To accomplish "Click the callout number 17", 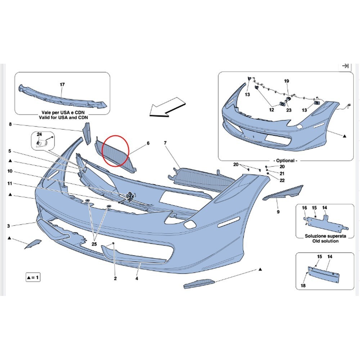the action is (62, 85).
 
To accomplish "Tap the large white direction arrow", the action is (167, 107).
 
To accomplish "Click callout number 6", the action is (148, 143).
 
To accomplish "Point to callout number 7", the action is (165, 143).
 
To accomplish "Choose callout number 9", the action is (278, 212).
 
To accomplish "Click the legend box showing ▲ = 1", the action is (33, 277).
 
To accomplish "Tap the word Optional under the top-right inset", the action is (285, 161).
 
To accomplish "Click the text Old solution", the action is (325, 241).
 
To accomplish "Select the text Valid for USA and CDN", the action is (63, 117).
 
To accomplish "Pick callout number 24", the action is (40, 134).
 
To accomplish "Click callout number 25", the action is (94, 244).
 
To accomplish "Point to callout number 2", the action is (115, 279).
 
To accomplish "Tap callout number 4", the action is (137, 279).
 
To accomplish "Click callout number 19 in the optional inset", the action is (287, 81).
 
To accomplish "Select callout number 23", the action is (289, 110).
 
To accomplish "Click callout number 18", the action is (303, 285).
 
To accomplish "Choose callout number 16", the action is (305, 208).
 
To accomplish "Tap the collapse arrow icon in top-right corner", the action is (345, 66).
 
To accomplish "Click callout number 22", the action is (282, 180).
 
